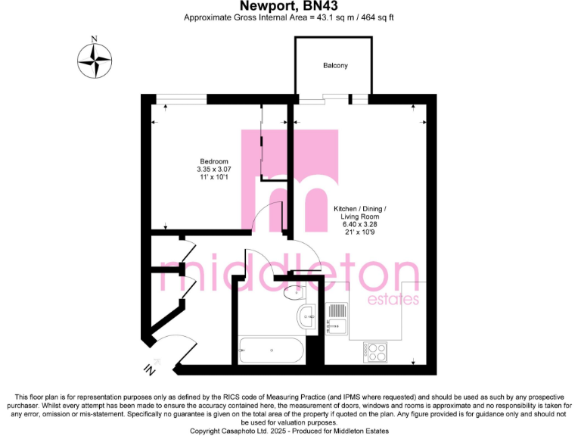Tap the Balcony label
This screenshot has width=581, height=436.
click(x=335, y=66)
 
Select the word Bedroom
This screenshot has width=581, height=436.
click(x=213, y=161)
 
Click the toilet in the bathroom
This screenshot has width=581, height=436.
click(x=292, y=291)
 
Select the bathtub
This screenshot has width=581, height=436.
click(x=270, y=350)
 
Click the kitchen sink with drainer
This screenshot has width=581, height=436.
click(x=337, y=317)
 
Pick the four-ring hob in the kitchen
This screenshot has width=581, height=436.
click(x=375, y=351)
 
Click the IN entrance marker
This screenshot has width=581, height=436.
click(x=149, y=369)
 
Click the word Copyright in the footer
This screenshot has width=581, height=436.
click(x=207, y=430)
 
